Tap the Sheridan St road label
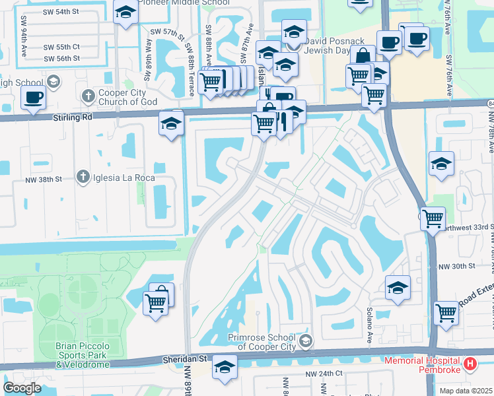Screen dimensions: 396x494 pos(185,360)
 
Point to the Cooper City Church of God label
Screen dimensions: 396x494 pos(128,97)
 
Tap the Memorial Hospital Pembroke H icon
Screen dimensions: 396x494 pos(470,363)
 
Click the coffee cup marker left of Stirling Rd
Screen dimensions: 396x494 pos(33,98)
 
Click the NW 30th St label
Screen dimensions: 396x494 pos(458,266)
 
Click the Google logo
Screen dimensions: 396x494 pos(22,388)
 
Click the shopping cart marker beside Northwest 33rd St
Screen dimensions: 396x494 pos(433,218)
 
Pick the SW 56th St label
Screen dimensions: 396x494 pos(62,58)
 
